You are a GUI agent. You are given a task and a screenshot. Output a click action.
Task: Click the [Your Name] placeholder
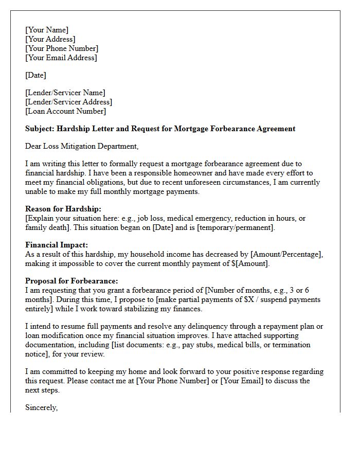[47, 30]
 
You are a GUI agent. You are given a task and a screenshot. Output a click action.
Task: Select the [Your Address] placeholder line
[50, 39]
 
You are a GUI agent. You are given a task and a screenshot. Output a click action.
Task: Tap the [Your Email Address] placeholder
[61, 58]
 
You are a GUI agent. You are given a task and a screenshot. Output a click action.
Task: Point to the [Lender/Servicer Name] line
[65, 93]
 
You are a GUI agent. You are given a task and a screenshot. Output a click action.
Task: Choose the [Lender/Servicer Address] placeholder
[68, 102]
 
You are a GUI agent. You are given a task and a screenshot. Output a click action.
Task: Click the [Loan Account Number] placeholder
[65, 111]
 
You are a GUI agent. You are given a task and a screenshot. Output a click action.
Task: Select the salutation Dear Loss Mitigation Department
[82, 146]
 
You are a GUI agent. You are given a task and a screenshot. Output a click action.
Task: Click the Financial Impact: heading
[57, 245]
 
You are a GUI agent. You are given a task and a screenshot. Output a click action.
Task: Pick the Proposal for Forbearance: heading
[71, 281]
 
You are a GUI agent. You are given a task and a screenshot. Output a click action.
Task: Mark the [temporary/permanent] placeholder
[239, 227]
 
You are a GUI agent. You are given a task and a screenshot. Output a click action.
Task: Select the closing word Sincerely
[41, 407]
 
